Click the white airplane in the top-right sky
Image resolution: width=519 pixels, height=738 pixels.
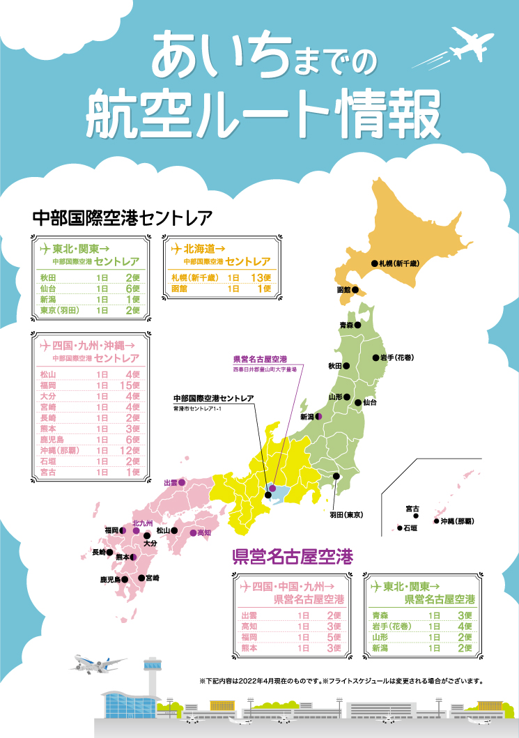(472, 43)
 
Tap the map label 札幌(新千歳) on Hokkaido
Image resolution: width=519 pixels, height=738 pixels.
(398, 263)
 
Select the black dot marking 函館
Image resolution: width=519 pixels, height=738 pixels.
(355, 290)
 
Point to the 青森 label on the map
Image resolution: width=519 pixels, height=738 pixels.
(346, 325)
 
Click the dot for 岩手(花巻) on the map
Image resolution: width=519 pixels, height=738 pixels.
(374, 358)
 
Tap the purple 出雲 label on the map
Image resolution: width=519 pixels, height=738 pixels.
(170, 482)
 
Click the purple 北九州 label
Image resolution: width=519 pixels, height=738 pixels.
(142, 523)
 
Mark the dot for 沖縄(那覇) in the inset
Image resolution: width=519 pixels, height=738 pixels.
(436, 521)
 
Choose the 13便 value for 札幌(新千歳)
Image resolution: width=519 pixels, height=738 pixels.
(260, 277)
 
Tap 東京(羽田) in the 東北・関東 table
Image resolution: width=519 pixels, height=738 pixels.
(59, 310)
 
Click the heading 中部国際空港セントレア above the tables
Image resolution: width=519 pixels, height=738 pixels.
(122, 217)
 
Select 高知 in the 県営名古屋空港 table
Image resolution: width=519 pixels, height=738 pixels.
(249, 626)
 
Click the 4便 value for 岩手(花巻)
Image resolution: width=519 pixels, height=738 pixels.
(465, 626)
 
